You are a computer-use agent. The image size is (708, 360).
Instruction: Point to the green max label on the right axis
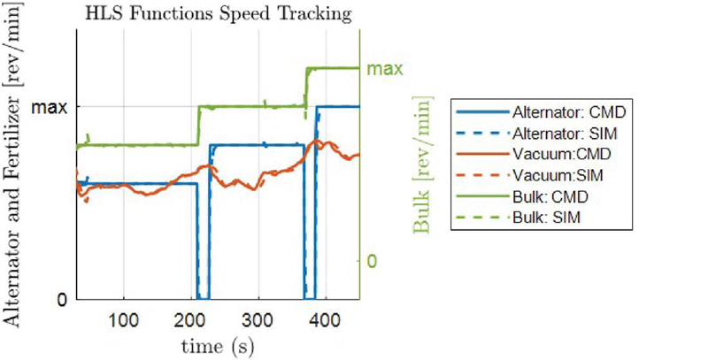point(386,68)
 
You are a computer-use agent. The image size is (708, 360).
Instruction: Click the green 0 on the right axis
point(373,261)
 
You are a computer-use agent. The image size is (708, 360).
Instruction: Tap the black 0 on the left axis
point(61,299)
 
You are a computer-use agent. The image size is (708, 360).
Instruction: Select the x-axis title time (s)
point(218,346)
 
